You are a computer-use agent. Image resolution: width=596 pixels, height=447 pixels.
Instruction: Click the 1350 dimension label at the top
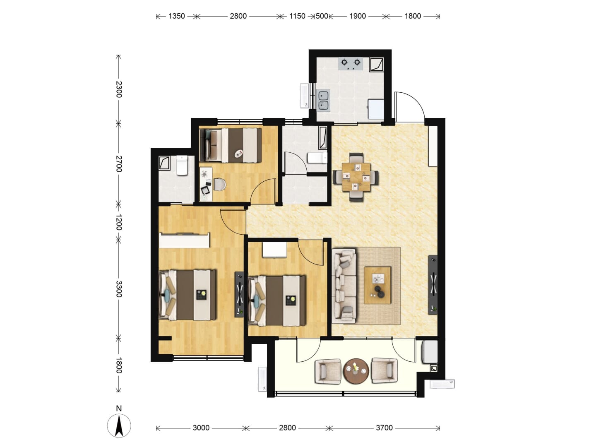tap(176, 16)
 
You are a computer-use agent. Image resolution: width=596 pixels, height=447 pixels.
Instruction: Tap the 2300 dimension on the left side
tap(119, 89)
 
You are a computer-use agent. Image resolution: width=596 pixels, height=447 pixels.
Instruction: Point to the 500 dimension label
tap(322, 16)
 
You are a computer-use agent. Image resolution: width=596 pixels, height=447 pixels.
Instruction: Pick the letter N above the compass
tap(119, 409)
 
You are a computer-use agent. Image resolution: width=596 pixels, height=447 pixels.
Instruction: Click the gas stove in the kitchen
tap(351, 64)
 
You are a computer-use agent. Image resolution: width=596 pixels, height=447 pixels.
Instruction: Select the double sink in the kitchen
tap(323, 101)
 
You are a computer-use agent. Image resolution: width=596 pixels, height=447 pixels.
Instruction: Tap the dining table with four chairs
tap(356, 177)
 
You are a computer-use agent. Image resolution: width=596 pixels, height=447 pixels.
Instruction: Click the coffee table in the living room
tap(377, 285)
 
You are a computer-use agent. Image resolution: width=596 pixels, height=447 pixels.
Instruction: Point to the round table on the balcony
tap(356, 370)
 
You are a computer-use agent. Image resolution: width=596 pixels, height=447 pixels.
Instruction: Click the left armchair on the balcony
tap(328, 371)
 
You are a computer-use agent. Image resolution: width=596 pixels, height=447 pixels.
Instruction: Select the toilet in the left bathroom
tap(182, 165)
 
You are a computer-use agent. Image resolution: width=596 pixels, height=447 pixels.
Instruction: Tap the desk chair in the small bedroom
tap(219, 185)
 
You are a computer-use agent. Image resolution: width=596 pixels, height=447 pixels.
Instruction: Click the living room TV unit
tap(433, 285)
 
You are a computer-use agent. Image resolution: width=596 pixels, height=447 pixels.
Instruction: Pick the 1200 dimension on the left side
tap(119, 222)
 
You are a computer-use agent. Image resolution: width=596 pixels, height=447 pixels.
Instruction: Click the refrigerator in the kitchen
tap(376, 109)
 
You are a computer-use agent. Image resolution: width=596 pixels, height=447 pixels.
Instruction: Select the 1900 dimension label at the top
tap(358, 16)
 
